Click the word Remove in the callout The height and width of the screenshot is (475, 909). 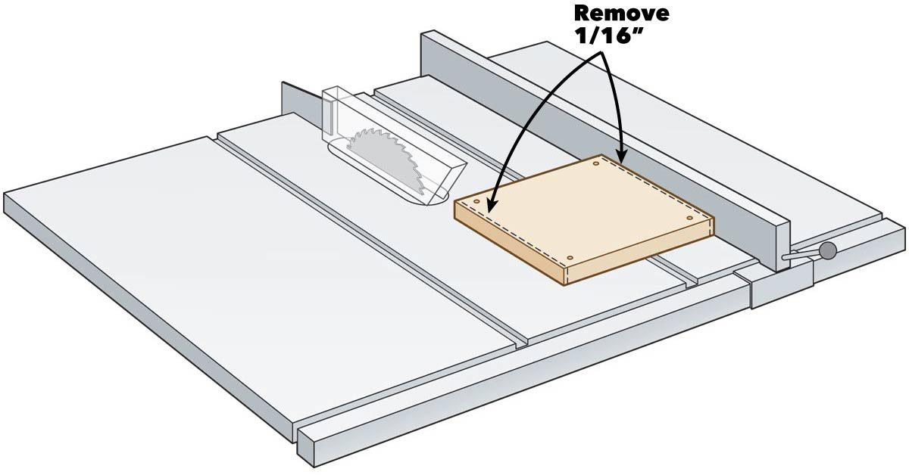621,13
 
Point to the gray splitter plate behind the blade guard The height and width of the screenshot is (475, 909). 299,102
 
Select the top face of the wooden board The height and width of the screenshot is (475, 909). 583,208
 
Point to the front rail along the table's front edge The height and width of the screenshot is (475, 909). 530,378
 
